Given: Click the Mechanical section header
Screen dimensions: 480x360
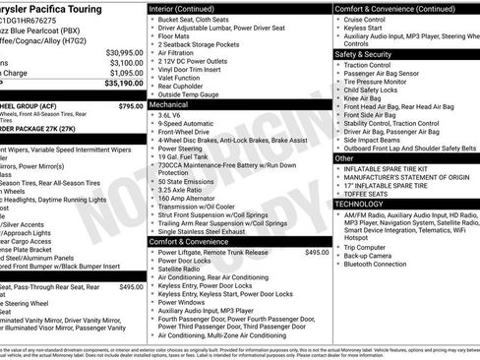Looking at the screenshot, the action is [169, 102].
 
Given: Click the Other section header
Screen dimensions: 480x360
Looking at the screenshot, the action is [344, 157].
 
